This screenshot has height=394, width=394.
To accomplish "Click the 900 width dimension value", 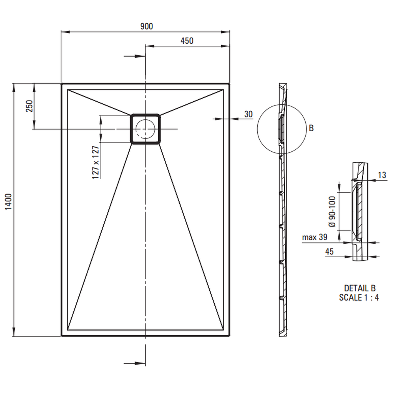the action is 147,26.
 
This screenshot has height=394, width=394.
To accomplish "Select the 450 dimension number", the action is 187,41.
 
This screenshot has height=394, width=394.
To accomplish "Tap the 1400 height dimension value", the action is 9,202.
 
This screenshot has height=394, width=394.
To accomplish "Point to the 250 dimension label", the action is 30,106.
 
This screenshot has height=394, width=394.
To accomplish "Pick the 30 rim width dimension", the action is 248,114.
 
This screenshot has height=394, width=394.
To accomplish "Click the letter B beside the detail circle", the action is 311,128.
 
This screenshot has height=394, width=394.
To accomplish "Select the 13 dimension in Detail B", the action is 382,175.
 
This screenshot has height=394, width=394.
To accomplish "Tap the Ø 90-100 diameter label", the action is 332,212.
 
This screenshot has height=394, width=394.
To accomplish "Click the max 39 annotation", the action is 314,237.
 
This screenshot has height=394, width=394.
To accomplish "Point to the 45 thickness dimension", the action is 329,251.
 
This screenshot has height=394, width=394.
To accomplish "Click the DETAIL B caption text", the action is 360,288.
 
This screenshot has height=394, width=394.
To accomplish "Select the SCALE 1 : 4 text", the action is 359,297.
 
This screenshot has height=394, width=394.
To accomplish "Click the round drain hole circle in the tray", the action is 145,129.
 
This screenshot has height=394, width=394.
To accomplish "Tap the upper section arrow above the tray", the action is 135,56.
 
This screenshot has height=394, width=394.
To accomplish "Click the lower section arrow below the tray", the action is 135,363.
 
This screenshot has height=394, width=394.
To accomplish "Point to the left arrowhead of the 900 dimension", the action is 65,32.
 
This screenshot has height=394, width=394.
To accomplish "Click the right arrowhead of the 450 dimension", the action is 225,46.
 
